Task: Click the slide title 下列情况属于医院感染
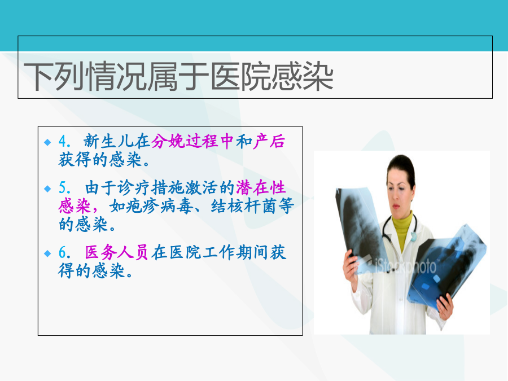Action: (x=178, y=77)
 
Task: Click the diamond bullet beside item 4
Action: (x=47, y=142)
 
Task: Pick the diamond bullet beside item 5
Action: (x=47, y=189)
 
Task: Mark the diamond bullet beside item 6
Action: (x=47, y=253)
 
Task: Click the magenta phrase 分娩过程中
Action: (x=192, y=141)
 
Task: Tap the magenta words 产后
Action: (x=269, y=141)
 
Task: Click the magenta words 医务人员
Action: (x=117, y=252)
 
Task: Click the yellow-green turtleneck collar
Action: (x=402, y=229)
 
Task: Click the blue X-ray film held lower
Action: (x=446, y=266)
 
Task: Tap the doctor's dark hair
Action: (x=402, y=166)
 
